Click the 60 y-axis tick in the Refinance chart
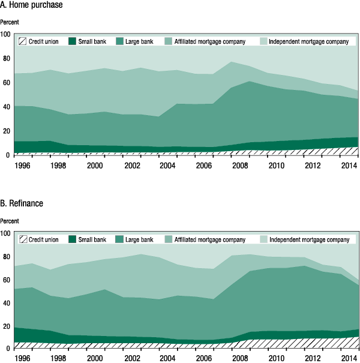tap(7, 280)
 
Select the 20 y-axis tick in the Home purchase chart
tap(7, 131)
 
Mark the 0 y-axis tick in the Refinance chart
tap(8, 349)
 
